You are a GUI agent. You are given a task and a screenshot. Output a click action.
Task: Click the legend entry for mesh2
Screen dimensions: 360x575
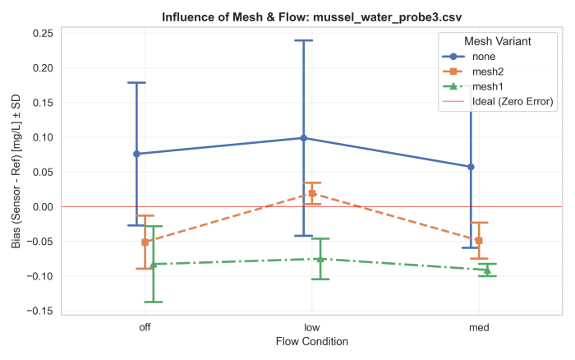pos(487,72)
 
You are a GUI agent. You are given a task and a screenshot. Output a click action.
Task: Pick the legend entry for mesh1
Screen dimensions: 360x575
pos(487,86)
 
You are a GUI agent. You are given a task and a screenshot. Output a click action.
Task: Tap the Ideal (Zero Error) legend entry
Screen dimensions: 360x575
pos(512,101)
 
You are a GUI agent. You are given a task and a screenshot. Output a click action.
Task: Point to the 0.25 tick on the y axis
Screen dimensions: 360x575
pos(43,33)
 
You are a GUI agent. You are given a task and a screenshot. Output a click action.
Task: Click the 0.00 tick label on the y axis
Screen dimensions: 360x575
pos(43,206)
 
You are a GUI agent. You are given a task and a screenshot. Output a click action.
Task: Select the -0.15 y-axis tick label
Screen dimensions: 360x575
pos(40,311)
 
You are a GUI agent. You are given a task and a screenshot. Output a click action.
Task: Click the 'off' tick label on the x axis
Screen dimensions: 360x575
pos(145,327)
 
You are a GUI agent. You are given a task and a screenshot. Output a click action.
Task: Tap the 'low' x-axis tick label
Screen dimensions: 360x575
pos(312,327)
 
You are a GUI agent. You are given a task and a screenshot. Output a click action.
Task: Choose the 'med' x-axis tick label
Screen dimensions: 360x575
pos(479,327)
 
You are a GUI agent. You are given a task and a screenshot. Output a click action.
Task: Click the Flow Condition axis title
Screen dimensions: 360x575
pos(312,341)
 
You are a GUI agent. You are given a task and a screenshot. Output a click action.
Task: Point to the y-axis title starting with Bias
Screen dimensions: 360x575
pos(14,170)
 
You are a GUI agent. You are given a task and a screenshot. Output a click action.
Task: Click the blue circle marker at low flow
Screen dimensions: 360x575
pos(304,138)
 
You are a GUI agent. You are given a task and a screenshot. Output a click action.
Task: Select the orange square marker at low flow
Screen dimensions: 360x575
pos(312,193)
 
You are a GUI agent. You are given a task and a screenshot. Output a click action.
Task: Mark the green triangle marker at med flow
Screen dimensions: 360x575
pos(487,270)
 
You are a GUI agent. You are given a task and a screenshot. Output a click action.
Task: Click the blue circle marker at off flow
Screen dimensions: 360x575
pos(137,154)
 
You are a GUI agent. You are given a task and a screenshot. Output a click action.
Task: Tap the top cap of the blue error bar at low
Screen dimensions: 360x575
pos(304,40)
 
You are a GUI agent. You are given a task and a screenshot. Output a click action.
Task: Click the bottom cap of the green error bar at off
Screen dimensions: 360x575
pos(154,302)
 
